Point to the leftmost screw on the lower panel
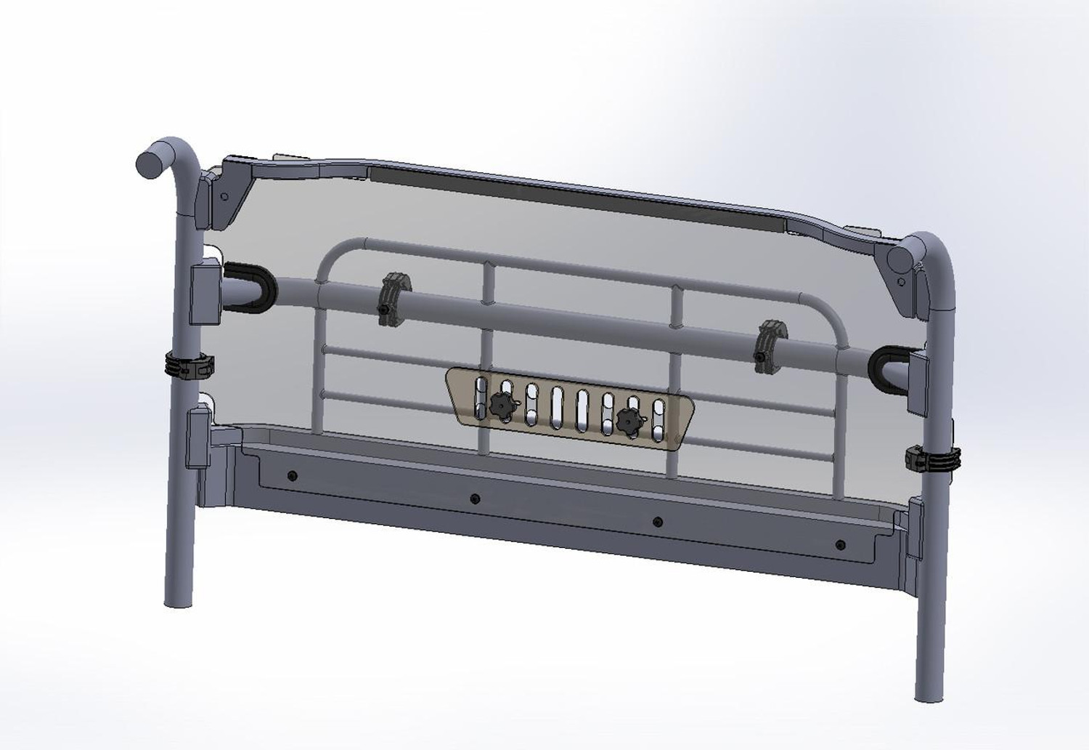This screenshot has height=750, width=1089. coord(292,475)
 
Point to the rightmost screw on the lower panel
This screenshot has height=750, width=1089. coord(841,544)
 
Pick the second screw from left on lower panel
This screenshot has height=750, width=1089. coord(475,499)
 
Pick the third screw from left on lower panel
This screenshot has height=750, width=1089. coord(658,521)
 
